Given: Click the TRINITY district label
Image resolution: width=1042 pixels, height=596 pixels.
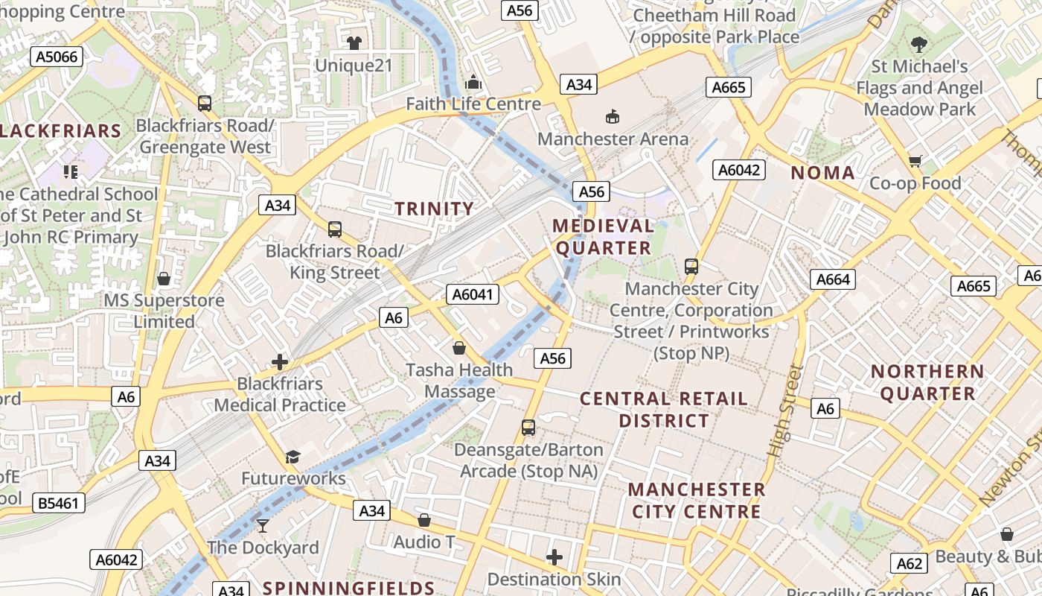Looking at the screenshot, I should coord(434,209).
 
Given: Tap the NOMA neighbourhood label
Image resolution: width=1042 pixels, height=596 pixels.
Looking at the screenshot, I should coord(822,174).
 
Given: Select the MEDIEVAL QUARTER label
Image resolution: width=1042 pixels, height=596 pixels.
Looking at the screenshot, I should coord(603,237).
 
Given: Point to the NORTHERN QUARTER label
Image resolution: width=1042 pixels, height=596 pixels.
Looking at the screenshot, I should coord(927,382).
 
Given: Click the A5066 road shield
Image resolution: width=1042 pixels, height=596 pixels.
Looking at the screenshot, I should coord(54,57).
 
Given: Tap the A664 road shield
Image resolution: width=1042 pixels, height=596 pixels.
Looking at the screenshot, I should coord(833,279).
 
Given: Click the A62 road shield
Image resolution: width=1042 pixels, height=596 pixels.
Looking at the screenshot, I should coord(910,563).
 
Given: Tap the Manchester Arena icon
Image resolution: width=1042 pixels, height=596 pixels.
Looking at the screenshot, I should coord(613,116).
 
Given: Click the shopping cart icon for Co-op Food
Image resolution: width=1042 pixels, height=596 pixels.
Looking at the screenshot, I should coord(915,161).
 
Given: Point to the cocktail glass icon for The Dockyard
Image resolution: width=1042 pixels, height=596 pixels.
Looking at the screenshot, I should coord(262,525).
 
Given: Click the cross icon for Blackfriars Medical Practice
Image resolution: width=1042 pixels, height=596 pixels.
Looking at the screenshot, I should coord(280,362).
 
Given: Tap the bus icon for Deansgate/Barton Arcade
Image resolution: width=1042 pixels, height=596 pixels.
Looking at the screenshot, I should coord(528,428).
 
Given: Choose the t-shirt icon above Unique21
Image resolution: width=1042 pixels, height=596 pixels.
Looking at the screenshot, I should coord(354,43).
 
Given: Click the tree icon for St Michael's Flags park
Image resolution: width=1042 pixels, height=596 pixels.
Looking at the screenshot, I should coord(919,45).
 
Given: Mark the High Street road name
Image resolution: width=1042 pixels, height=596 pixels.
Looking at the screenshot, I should coord(786,410).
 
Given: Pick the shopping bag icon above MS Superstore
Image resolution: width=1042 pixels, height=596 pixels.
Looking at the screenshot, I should coord(164,279).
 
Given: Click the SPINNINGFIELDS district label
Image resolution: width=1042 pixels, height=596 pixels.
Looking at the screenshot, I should coord(348,587).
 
